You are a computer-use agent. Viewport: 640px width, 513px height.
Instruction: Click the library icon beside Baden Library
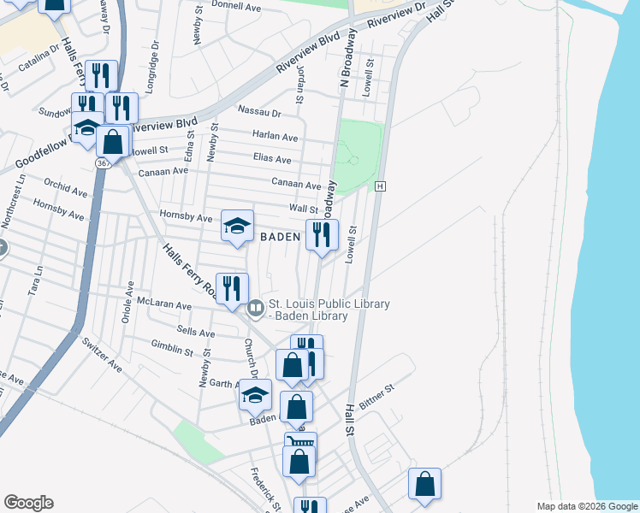pos(255,307)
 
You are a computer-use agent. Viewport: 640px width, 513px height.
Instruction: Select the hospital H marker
pos(381,186)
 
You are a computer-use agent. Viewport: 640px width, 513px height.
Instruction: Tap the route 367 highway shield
pos(102,162)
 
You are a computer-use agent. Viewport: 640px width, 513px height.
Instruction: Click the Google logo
pos(28,503)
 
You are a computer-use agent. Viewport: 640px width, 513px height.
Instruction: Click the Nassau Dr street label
pos(259,112)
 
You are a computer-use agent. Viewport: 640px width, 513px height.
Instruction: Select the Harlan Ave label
pos(275,136)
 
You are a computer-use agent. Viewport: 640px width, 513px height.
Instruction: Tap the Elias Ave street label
pos(272,159)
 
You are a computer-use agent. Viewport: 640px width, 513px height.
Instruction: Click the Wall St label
pos(303,208)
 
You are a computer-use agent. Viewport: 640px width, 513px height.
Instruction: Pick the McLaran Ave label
pos(167,304)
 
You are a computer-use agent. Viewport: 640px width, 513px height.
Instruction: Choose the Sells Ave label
pos(193,332)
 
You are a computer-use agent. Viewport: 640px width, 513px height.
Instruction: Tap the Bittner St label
pos(376,394)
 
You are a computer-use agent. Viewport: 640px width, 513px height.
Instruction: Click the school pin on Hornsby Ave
pos(238,226)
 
